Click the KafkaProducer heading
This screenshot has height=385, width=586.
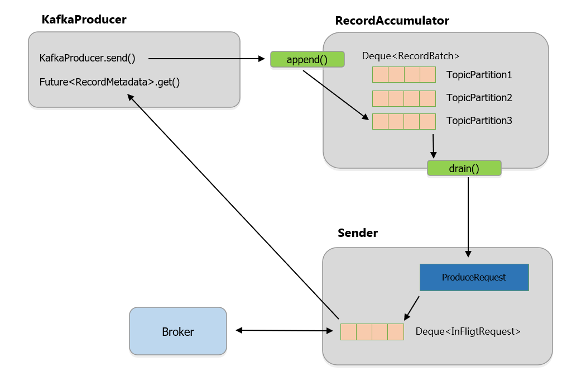click(x=84, y=20)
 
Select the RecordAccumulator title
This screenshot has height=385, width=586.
click(x=392, y=21)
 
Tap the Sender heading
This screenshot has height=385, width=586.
click(x=358, y=233)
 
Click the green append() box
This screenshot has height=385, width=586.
click(x=307, y=59)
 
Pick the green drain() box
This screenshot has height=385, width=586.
click(x=464, y=168)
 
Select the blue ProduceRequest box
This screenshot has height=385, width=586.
click(x=474, y=277)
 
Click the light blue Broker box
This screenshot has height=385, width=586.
click(x=178, y=331)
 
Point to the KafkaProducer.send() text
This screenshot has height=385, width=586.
click(x=88, y=58)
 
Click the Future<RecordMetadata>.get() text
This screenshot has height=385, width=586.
click(x=109, y=82)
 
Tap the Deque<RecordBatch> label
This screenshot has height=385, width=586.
click(x=411, y=56)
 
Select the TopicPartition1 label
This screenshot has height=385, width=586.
click(x=479, y=75)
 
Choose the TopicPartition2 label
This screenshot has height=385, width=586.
click(x=479, y=98)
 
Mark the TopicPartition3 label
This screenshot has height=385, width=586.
click(x=479, y=121)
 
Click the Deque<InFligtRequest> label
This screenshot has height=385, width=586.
click(x=468, y=331)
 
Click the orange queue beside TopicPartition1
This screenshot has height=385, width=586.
click(x=404, y=75)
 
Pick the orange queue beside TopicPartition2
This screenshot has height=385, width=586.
click(x=404, y=98)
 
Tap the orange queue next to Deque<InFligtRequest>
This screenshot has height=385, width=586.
click(x=372, y=331)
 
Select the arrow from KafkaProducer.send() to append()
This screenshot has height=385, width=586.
click(x=206, y=58)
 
